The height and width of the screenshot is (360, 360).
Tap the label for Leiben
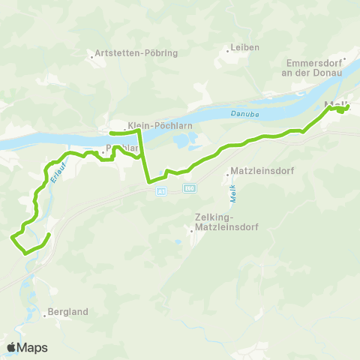pos(246,47)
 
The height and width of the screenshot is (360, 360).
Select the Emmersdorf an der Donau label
pos(313,69)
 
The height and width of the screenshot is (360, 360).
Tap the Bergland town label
pos(68,311)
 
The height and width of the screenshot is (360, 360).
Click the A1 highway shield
pos(161,192)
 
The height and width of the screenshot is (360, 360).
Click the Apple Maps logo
pos(28,347)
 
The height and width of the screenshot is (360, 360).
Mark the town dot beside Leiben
pos(228,51)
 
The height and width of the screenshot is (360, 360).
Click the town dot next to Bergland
pos(44,316)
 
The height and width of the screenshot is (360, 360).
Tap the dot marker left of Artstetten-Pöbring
pos(90,54)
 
